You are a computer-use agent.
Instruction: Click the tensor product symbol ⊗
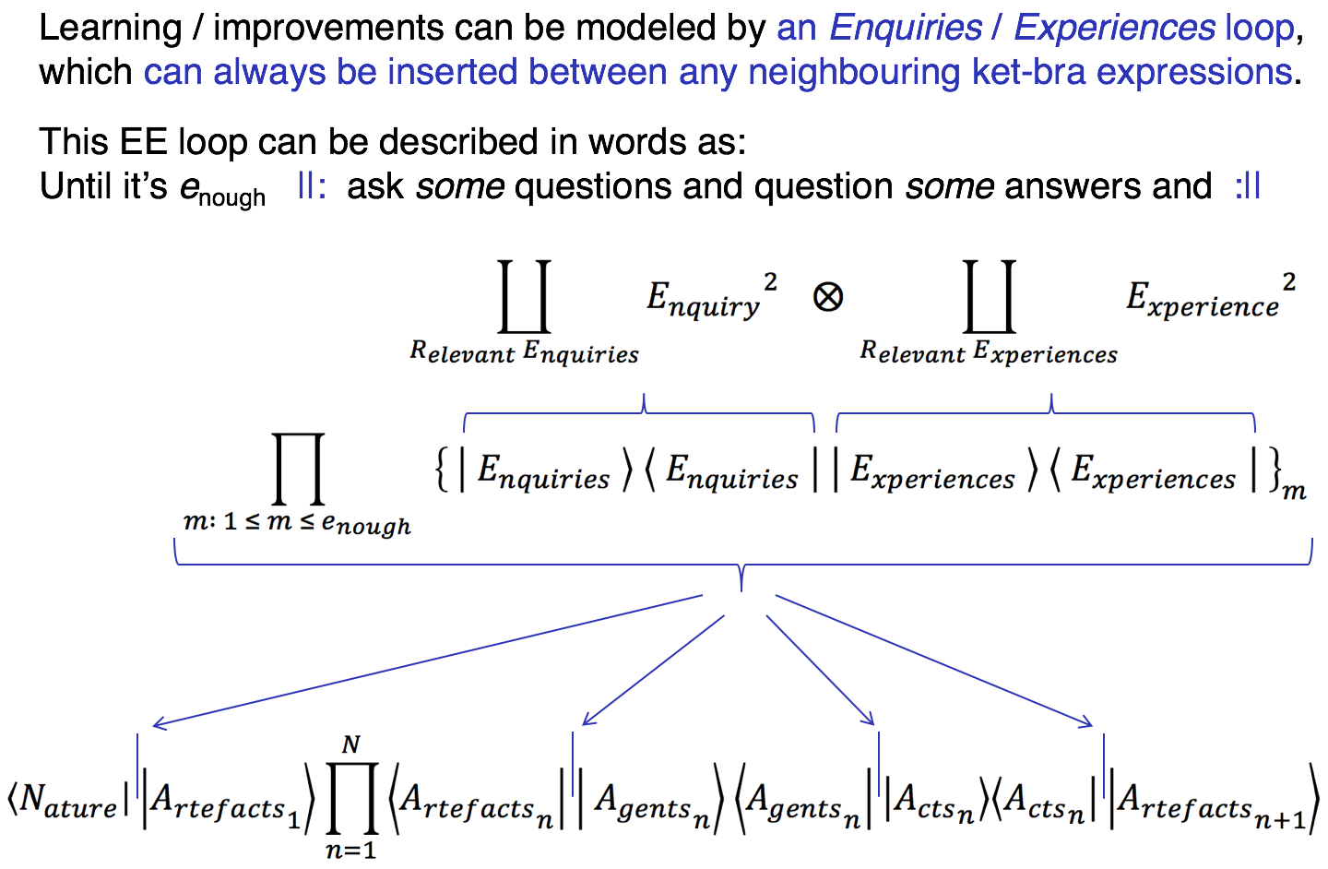click(x=827, y=297)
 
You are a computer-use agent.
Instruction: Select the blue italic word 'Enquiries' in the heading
click(x=906, y=29)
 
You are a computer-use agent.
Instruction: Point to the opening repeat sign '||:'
click(x=311, y=187)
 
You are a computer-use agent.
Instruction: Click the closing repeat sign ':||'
click(x=1247, y=187)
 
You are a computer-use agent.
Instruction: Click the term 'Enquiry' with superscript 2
click(x=710, y=297)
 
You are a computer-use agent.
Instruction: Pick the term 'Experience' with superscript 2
click(x=1209, y=297)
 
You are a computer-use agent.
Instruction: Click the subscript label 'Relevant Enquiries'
click(x=524, y=352)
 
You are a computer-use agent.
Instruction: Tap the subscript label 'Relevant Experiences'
click(x=989, y=352)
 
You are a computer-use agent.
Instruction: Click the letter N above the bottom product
click(x=350, y=744)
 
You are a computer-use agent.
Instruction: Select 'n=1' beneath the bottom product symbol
click(x=350, y=850)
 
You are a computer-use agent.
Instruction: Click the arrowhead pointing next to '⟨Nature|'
click(x=159, y=724)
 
